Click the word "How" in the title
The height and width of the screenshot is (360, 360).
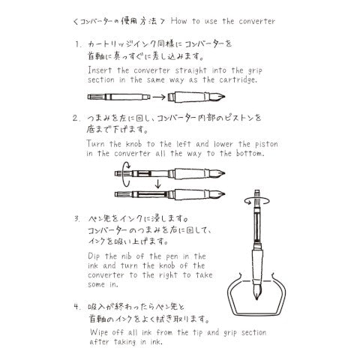(178, 21)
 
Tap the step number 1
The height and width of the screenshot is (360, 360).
(78, 44)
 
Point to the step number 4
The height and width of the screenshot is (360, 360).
(76, 306)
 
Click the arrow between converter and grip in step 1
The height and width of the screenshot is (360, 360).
(159, 97)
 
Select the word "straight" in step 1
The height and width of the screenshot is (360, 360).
(191, 70)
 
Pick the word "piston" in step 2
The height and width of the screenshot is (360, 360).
(266, 144)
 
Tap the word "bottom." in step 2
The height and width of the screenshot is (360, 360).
(250, 153)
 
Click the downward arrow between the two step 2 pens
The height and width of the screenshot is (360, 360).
(157, 184)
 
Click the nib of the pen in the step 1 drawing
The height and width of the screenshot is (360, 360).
(218, 97)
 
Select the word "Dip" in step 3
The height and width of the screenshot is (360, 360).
(94, 256)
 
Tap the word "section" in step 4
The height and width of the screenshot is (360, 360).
(253, 332)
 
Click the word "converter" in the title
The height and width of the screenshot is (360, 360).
(256, 21)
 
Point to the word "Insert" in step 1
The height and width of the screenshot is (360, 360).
(100, 70)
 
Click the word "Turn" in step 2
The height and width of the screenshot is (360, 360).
(95, 144)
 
